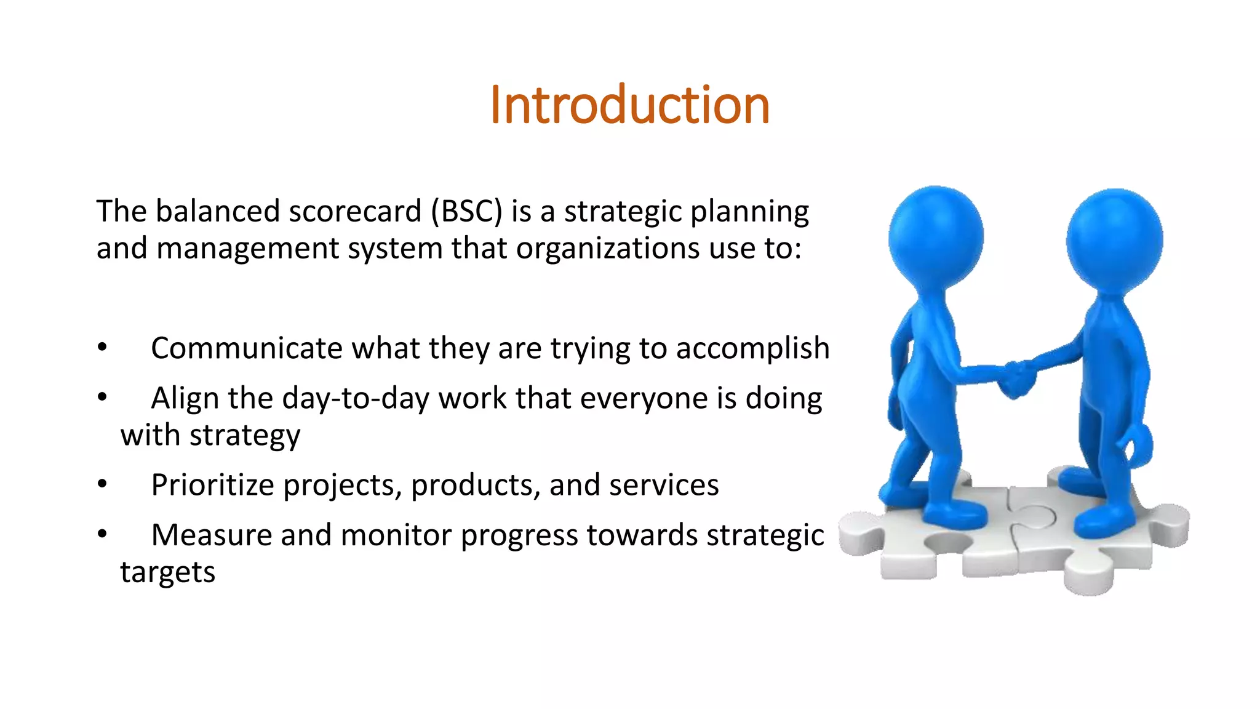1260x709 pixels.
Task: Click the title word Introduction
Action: [629, 105]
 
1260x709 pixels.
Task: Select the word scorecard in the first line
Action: [354, 212]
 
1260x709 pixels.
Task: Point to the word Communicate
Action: [247, 348]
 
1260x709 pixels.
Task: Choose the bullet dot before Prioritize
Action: [102, 484]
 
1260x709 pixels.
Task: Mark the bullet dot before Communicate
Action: [102, 348]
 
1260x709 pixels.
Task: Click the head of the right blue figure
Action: [1114, 239]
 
